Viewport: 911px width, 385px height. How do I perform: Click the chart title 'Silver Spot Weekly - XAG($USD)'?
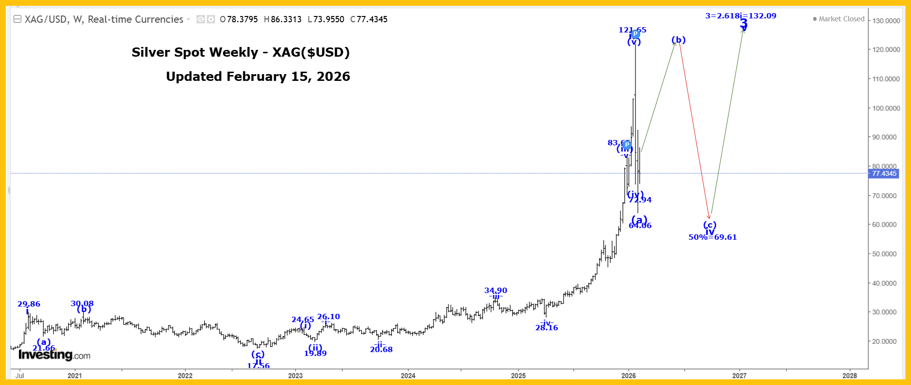pyautogui.click(x=241, y=52)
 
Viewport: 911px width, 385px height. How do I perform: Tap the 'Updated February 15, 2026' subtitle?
pyautogui.click(x=258, y=77)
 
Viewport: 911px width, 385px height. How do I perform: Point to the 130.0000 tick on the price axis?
pyautogui.click(x=886, y=21)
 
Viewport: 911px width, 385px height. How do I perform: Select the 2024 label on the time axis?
pyautogui.click(x=408, y=375)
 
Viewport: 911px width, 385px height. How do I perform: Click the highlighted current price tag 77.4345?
pyautogui.click(x=884, y=173)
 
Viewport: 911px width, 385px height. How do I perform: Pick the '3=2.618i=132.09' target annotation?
pyautogui.click(x=741, y=16)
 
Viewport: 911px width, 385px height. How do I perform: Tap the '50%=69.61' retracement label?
pyautogui.click(x=712, y=237)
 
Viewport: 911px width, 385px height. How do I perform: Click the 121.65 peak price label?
pyautogui.click(x=632, y=30)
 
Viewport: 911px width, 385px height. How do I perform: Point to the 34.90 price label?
pyautogui.click(x=495, y=291)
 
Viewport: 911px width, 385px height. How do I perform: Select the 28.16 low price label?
pyautogui.click(x=546, y=328)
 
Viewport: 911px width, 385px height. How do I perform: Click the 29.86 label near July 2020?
pyautogui.click(x=29, y=304)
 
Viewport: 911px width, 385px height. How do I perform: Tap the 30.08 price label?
pyautogui.click(x=82, y=304)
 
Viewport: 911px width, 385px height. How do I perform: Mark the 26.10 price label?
pyautogui.click(x=328, y=317)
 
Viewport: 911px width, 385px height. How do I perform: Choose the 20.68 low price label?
pyautogui.click(x=381, y=350)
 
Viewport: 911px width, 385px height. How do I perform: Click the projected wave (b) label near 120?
pyautogui.click(x=679, y=40)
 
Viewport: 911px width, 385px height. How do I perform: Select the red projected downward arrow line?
pyautogui.click(x=695, y=131)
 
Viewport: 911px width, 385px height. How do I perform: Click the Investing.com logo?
pyautogui.click(x=54, y=355)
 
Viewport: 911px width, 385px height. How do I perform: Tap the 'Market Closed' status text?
pyautogui.click(x=841, y=19)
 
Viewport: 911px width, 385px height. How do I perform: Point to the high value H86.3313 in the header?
pyautogui.click(x=282, y=19)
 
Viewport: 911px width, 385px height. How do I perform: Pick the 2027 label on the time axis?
pyautogui.click(x=739, y=375)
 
